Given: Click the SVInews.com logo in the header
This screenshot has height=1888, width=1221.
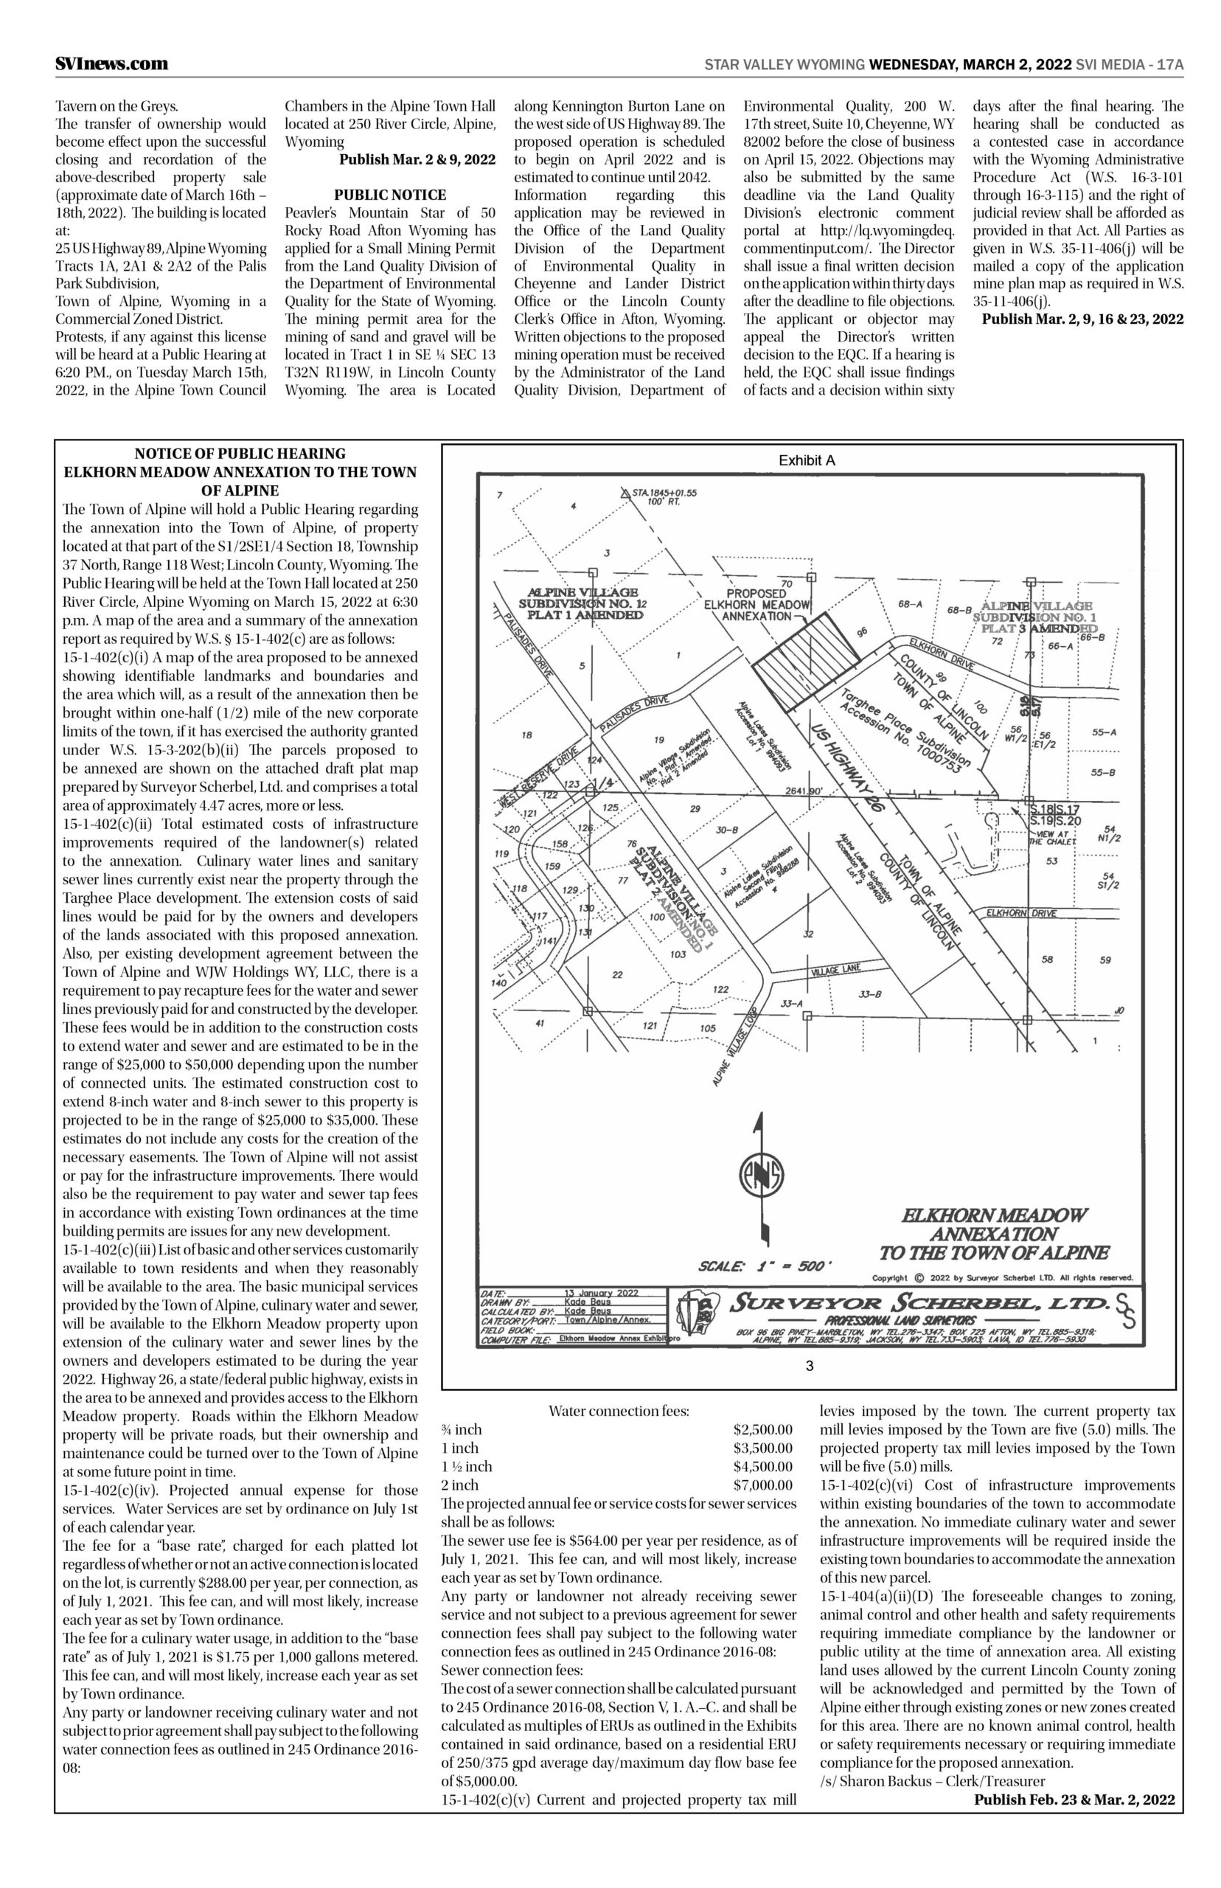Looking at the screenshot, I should pyautogui.click(x=111, y=63).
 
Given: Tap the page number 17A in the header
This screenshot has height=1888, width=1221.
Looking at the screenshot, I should pyautogui.click(x=1169, y=64).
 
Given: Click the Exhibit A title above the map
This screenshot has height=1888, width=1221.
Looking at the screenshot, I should pyautogui.click(x=807, y=460).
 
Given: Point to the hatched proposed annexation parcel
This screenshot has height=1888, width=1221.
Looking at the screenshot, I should pyautogui.click(x=806, y=657).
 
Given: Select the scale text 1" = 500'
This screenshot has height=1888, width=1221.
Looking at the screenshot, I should pyautogui.click(x=765, y=1266).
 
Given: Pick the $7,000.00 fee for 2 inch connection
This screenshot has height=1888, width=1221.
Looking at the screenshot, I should pyautogui.click(x=762, y=1485).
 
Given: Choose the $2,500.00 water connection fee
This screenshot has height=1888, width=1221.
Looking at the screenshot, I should pyautogui.click(x=762, y=1430).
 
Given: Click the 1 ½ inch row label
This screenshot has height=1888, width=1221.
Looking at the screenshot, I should pyautogui.click(x=466, y=1466).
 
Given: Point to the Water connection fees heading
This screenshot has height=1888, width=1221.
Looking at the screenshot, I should pyautogui.click(x=619, y=1411).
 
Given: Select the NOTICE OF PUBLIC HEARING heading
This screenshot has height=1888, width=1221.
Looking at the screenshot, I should pyautogui.click(x=240, y=454).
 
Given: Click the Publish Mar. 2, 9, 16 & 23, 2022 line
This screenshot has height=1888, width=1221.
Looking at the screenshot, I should pyautogui.click(x=1082, y=319).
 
